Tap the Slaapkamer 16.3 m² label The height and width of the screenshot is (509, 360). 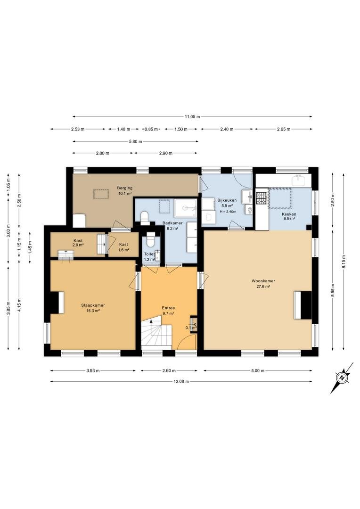tap(93, 308)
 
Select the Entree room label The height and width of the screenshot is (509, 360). tap(169, 311)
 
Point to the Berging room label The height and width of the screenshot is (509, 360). tap(125, 190)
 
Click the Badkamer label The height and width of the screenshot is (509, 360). tap(172, 226)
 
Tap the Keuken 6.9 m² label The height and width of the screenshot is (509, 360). tap(288, 216)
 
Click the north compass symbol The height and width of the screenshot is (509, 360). tap(342, 378)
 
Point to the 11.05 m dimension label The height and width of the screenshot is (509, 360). tap(192, 116)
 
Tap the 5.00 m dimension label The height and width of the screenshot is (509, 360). tap(258, 371)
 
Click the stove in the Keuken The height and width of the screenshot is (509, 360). tap(262, 198)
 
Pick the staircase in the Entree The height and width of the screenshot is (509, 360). tap(156, 334)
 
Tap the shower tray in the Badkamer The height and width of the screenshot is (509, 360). tap(185, 208)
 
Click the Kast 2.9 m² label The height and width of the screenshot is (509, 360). tap(78, 243)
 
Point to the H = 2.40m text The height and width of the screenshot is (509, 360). tap(227, 211)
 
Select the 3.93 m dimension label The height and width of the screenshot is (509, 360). tap(93, 371)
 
